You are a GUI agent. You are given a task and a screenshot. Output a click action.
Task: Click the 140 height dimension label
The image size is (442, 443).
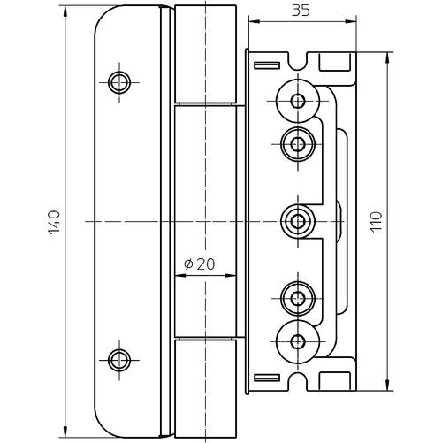54,222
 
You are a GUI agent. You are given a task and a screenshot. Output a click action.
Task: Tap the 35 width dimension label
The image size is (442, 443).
301,11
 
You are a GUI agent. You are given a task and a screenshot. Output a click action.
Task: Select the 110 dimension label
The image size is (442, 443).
376,222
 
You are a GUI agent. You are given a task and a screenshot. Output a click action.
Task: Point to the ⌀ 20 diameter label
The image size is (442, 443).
200,264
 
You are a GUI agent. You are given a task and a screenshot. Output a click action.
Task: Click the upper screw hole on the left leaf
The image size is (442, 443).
119,82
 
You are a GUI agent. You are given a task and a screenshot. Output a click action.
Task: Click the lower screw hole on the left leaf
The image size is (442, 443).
119,360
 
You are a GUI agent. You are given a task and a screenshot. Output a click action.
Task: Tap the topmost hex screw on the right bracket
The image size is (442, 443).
298,101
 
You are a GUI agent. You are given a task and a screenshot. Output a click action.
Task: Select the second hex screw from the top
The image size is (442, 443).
298,144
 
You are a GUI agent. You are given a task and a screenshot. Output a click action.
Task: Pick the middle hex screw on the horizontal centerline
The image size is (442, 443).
298,221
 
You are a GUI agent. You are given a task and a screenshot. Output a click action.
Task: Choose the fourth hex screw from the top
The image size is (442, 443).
298,299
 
